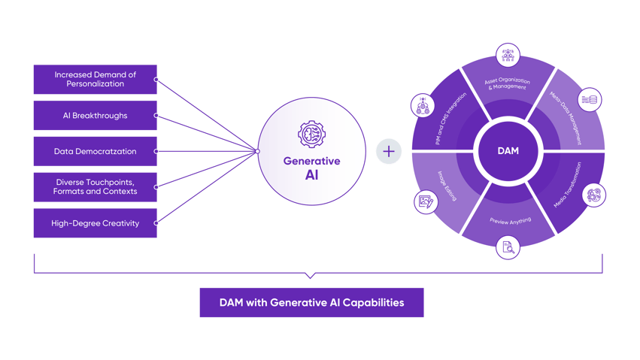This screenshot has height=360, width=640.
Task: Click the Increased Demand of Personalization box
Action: click(95, 79)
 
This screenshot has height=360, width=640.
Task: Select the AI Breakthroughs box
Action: click(95, 116)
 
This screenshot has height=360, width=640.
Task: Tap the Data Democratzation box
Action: click(95, 151)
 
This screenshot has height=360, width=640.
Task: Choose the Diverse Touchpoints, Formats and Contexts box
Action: click(95, 186)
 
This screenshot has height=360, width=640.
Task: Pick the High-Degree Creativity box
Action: click(95, 223)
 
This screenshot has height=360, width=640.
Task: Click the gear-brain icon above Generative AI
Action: click(311, 135)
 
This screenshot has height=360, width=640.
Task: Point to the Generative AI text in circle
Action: click(311, 168)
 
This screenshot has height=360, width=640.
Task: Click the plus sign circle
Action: click(389, 152)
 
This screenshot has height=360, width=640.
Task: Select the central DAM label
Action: click(508, 151)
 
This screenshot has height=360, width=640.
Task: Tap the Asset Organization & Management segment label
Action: click(508, 85)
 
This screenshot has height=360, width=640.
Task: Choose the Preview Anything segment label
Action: click(509, 221)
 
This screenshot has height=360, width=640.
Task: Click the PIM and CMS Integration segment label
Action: click(450, 119)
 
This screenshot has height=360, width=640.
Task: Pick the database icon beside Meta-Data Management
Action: click(590, 99)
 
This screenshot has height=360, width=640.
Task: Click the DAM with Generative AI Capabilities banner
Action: click(311, 303)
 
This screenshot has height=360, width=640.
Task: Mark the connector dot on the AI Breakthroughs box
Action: click(156, 116)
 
